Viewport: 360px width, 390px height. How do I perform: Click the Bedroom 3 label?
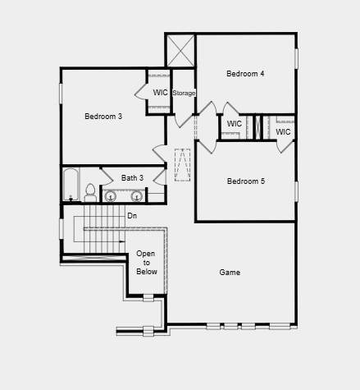(103, 117)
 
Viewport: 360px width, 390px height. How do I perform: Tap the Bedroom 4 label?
(245, 74)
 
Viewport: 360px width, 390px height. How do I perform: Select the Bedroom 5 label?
(246, 181)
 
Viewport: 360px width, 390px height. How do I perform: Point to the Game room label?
(230, 273)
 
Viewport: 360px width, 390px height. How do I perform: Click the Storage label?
(184, 93)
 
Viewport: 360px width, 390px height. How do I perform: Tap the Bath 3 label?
(132, 178)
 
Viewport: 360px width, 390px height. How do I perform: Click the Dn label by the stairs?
(132, 216)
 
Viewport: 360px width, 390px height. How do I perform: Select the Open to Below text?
(147, 263)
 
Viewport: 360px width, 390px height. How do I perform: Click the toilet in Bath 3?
(90, 193)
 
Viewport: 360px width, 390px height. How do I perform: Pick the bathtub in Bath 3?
(71, 185)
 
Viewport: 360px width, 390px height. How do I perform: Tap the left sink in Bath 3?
(111, 196)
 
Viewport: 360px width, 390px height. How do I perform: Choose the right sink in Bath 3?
(136, 196)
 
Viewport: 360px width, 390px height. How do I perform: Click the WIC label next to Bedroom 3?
(160, 93)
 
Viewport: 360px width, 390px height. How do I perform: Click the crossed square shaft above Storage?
(180, 51)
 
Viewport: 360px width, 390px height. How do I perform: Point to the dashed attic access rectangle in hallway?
(182, 165)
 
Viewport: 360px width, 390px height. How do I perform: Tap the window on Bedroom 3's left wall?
(61, 94)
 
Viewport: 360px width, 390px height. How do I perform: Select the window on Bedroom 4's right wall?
(296, 58)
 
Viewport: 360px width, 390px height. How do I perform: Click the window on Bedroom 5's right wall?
(296, 191)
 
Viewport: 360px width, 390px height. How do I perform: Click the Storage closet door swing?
(183, 121)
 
